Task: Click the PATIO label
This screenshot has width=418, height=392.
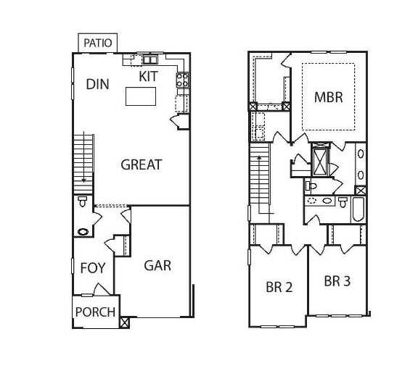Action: (97, 43)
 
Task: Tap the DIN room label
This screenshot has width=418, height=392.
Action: (97, 84)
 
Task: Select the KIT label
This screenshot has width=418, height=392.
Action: (149, 76)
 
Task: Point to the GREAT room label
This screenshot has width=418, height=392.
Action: (142, 164)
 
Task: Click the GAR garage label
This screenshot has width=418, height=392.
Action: (157, 266)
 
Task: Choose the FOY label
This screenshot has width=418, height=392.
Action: (93, 268)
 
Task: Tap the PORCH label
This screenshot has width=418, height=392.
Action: (95, 312)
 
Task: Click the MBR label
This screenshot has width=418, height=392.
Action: (329, 97)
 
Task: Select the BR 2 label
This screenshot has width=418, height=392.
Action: (279, 287)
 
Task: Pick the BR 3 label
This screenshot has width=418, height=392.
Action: (337, 281)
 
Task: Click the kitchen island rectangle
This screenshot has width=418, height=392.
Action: (141, 96)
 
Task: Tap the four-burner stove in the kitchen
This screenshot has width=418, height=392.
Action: (183, 80)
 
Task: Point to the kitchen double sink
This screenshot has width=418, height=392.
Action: (150, 59)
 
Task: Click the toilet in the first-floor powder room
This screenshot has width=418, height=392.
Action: (82, 201)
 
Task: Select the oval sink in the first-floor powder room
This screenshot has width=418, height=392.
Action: (83, 232)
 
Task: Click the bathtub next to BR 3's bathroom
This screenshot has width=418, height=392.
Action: (358, 209)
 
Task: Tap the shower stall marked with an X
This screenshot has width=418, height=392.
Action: (320, 162)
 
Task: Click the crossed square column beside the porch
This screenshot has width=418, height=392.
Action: (124, 322)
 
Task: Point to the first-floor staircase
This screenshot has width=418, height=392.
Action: (83, 164)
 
